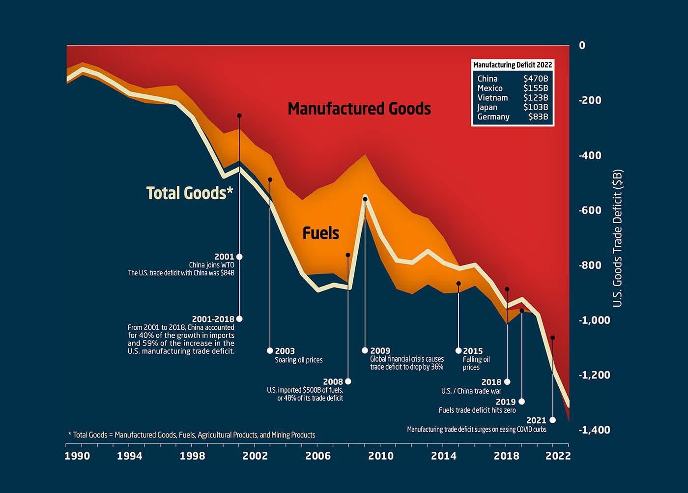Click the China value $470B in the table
coord(535,79)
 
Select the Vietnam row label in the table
coord(492,98)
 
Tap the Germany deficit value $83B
coord(538,117)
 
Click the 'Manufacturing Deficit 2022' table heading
coord(512,65)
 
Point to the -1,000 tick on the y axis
coord(594,320)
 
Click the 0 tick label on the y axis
coord(582,45)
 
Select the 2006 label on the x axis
coord(318,456)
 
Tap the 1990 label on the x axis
coord(77,456)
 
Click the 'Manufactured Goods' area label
coord(359,109)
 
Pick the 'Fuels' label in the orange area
coord(320,233)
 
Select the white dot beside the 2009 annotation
coord(365,350)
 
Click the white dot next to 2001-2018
coord(239,319)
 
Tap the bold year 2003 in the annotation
coord(285,351)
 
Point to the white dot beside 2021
coord(552,420)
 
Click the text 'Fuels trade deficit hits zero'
coord(477,410)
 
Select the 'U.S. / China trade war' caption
coord(471,391)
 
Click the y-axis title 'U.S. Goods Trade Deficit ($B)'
coord(618,238)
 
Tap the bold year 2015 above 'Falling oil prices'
coord(473,351)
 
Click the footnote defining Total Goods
coord(192,435)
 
